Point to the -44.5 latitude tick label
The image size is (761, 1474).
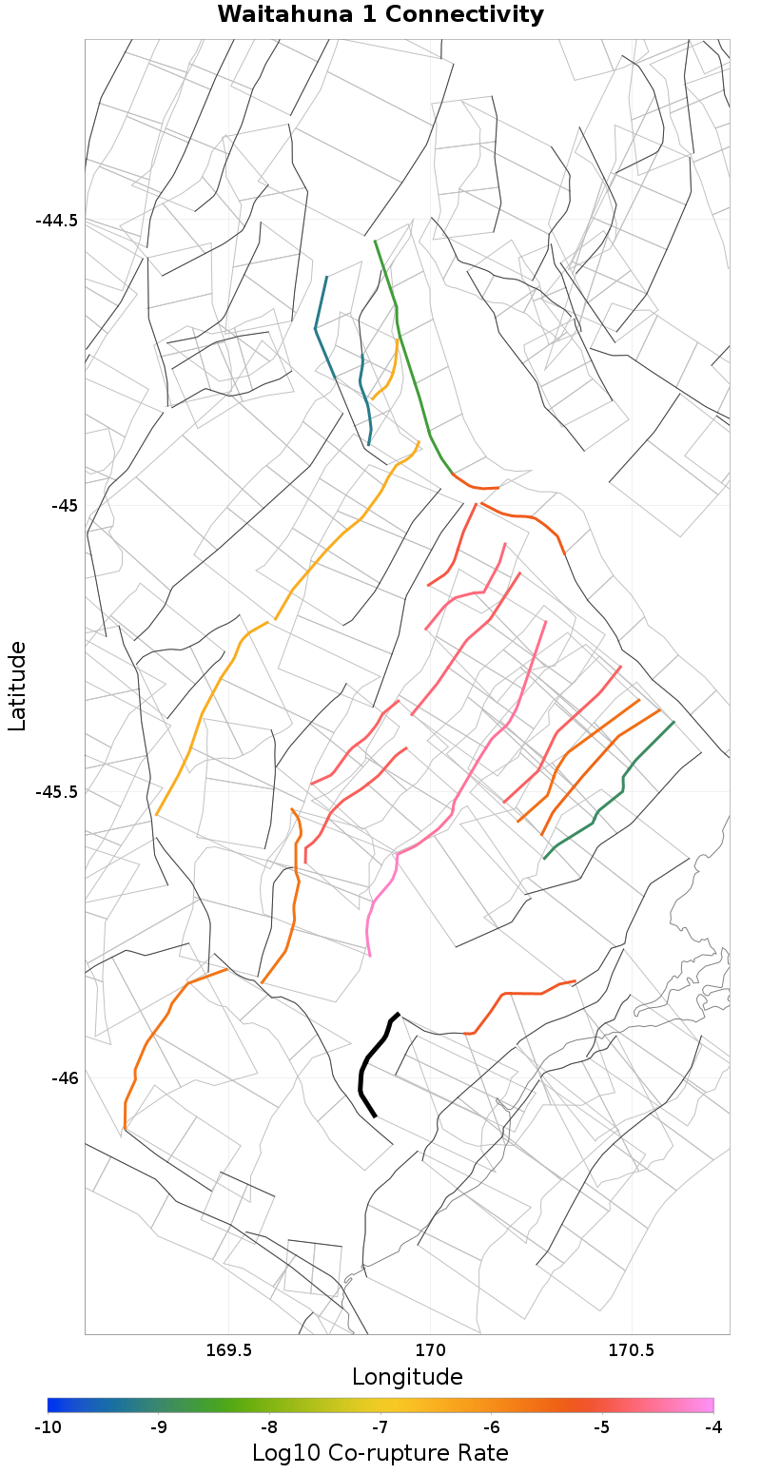point(57,221)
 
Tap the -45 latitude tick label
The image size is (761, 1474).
point(64,505)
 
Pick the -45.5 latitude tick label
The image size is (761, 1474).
point(57,791)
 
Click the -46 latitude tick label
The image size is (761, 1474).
point(64,1078)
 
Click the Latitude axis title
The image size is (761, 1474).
point(17,685)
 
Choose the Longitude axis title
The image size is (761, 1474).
point(407,1377)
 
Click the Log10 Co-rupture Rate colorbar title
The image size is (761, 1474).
point(380,1453)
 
